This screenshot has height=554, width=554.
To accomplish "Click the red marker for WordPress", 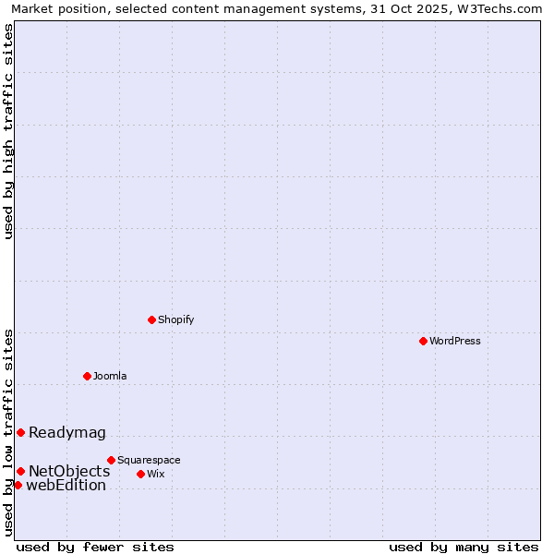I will [x=423, y=341].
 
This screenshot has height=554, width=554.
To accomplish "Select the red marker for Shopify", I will [x=151, y=319].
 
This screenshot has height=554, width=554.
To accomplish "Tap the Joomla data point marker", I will [x=87, y=376].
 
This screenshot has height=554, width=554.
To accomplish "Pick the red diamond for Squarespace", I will [x=111, y=460].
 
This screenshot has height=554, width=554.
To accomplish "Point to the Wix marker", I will [x=140, y=474].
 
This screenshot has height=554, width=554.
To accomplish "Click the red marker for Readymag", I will [x=20, y=432].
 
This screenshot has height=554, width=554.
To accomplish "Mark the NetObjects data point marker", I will [x=20, y=471].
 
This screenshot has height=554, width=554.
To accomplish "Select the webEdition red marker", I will [x=18, y=485].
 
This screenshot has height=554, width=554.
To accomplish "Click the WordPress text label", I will [x=455, y=341].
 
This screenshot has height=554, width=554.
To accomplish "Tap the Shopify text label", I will [x=175, y=319].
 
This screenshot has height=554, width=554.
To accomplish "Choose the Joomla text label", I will [x=110, y=376].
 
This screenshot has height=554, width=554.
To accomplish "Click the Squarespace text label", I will [x=149, y=460].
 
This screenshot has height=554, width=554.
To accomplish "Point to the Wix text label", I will [x=156, y=474].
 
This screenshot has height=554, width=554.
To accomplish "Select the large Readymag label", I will [x=67, y=432].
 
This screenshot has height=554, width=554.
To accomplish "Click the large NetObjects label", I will [x=69, y=471].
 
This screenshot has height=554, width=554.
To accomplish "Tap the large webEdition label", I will [x=66, y=486].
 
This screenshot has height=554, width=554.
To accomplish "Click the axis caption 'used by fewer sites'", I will [x=95, y=547].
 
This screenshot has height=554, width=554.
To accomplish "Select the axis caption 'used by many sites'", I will [x=464, y=547].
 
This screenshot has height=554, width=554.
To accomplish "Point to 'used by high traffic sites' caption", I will [x=8, y=131].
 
